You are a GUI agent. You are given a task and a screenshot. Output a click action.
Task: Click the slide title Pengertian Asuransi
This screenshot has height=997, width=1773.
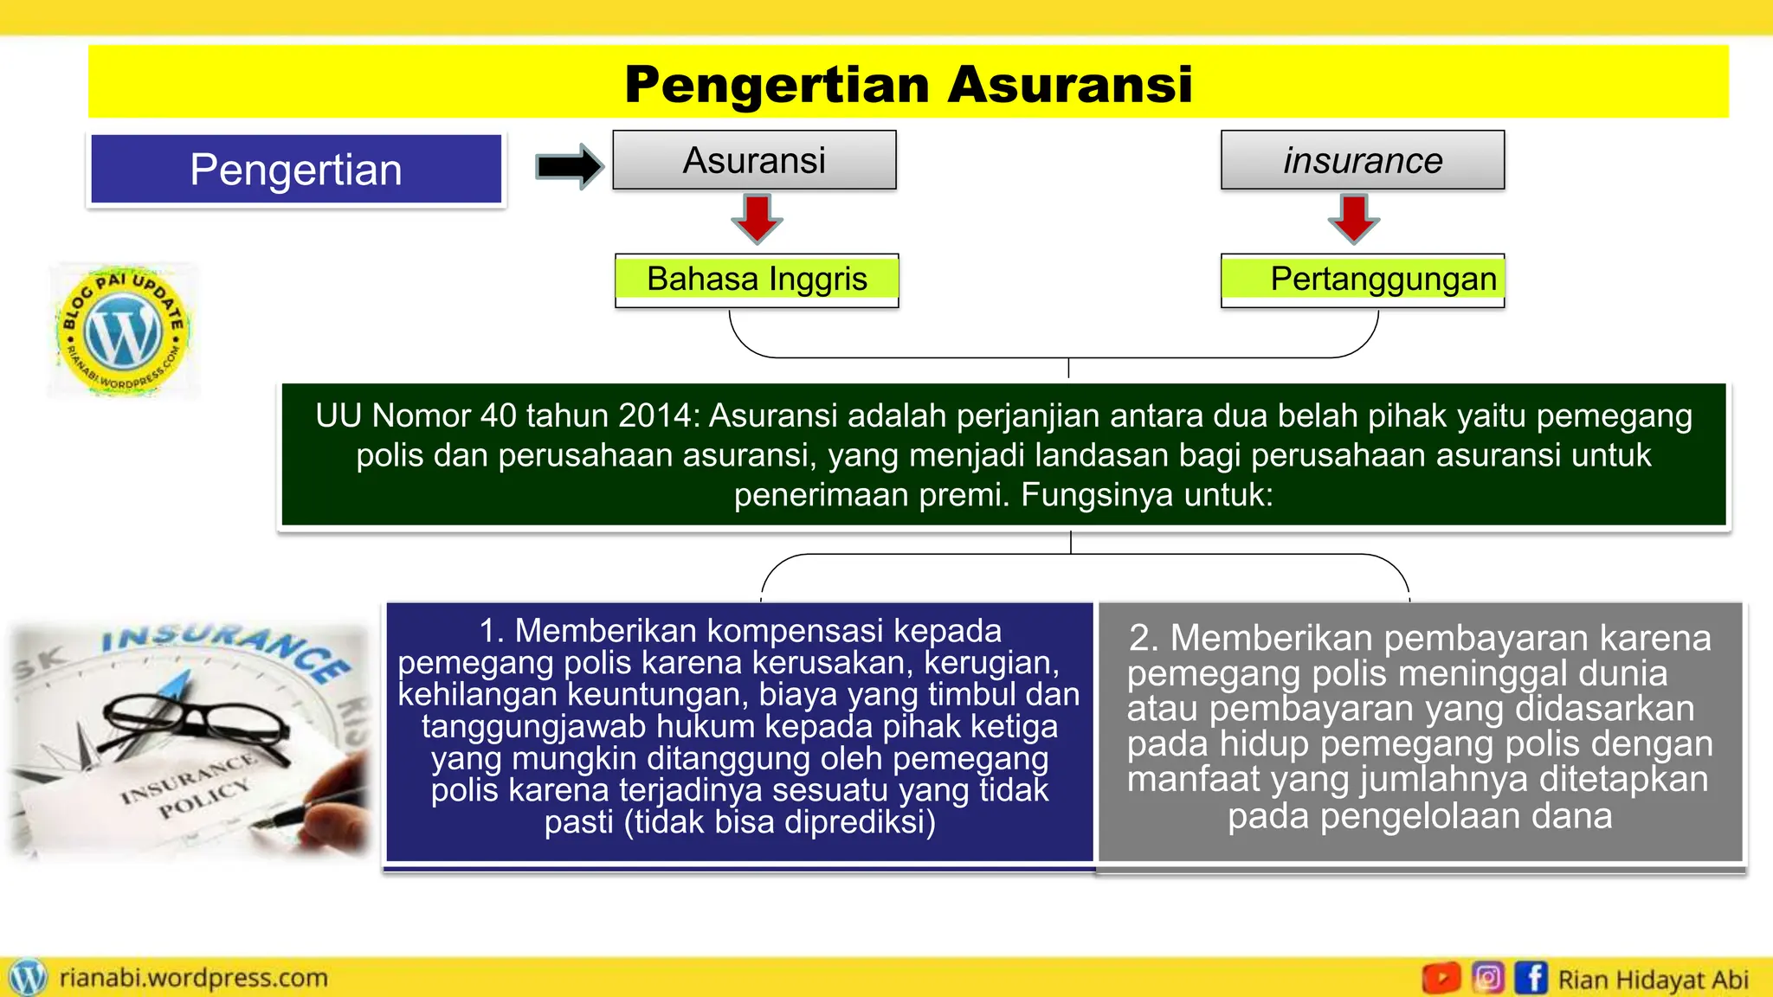click(x=908, y=84)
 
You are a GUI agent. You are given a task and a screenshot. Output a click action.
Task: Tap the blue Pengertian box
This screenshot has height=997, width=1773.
click(x=296, y=169)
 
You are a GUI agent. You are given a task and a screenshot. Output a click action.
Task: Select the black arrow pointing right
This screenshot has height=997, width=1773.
click(x=568, y=166)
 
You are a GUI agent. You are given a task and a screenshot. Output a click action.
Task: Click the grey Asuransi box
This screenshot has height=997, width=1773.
click(x=754, y=160)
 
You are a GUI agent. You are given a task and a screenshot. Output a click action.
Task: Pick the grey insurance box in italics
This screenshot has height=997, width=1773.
click(x=1363, y=160)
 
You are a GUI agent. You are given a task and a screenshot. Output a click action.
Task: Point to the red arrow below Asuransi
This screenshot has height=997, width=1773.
click(x=757, y=219)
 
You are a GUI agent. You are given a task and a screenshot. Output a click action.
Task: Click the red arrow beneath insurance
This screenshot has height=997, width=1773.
click(x=1354, y=219)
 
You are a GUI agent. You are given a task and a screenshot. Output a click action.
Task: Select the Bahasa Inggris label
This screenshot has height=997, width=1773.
click(x=757, y=279)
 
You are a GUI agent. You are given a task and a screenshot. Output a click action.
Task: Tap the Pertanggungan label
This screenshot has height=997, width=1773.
click(x=1383, y=279)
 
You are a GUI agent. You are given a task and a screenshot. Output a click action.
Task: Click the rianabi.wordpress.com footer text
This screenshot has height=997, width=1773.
click(x=193, y=978)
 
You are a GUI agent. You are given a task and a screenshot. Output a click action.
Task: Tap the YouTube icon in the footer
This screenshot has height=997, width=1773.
click(x=1441, y=978)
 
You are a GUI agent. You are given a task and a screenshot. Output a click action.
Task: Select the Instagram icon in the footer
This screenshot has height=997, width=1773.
click(x=1487, y=978)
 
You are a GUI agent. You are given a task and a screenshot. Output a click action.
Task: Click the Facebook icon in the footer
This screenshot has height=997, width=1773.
click(x=1531, y=978)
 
